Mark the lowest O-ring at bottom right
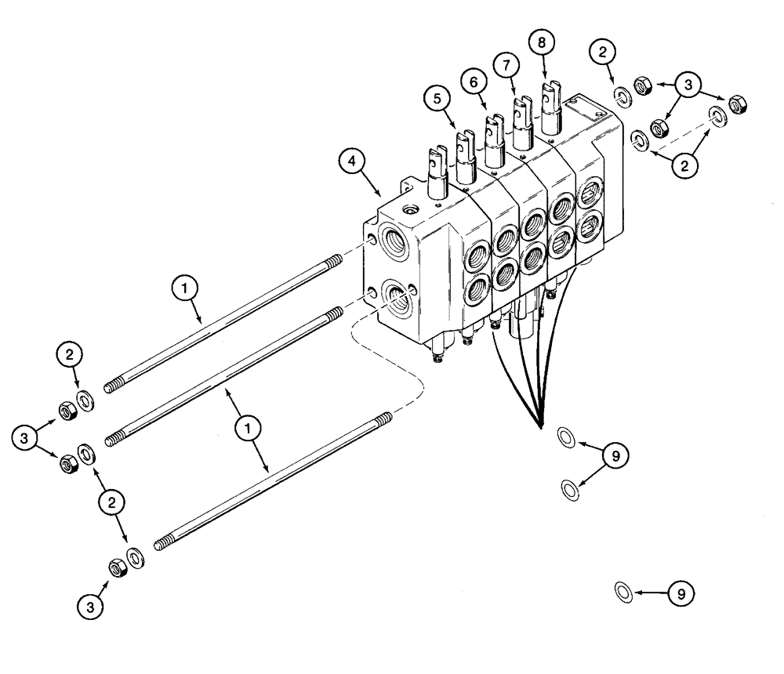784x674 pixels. tap(623, 592)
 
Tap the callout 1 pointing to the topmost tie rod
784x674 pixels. tap(185, 291)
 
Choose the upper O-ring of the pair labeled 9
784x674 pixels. tap(565, 437)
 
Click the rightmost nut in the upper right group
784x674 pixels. tap(736, 103)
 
